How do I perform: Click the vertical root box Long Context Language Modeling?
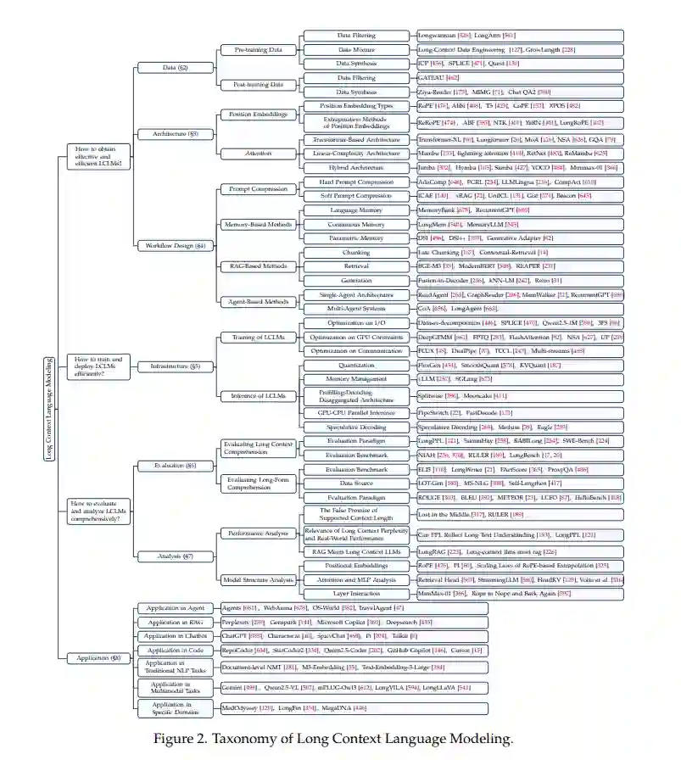pos(48,408)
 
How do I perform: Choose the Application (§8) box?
pos(98,657)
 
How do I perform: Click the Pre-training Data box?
pos(258,50)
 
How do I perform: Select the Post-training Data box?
pos(258,84)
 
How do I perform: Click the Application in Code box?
pos(175,650)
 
